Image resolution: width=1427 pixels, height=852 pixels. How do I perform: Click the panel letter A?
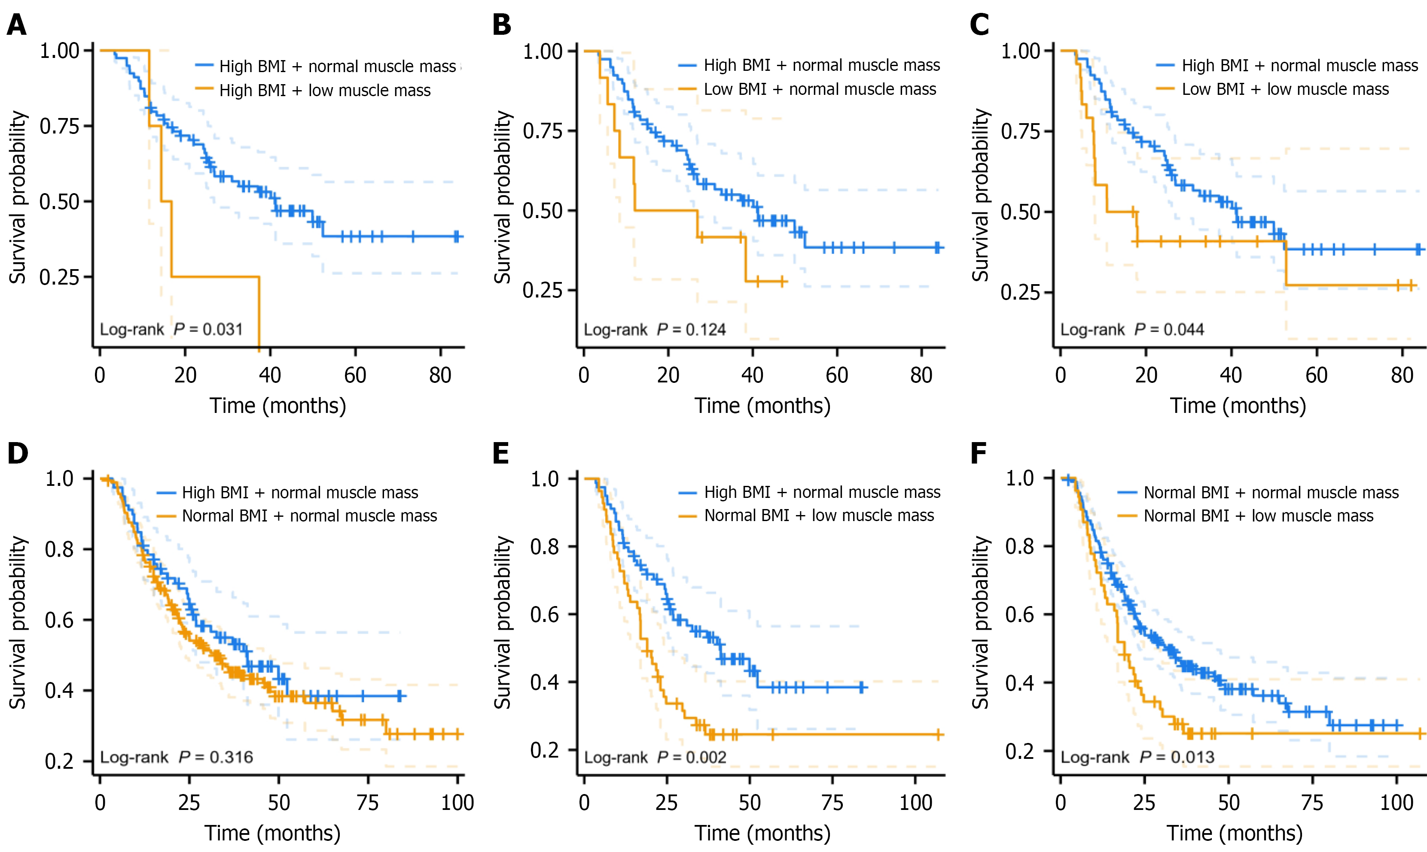coord(17,25)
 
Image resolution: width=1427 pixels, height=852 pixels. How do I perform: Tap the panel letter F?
coord(979,454)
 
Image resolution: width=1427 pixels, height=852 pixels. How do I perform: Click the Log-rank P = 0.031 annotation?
coord(171,330)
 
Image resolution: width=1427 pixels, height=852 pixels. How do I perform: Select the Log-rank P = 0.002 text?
coord(655,757)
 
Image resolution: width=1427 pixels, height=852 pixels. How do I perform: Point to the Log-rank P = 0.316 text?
coord(177,757)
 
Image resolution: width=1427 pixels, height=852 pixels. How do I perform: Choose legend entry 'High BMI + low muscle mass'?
coord(325,91)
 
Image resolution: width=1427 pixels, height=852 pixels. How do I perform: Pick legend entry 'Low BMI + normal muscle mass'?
coord(820,90)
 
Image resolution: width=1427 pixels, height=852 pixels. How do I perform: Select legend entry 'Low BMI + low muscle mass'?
coord(1285,90)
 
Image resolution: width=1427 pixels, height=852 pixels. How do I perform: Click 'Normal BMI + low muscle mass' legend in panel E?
coord(819,515)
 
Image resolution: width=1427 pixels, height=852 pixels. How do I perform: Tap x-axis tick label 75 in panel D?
coord(367,803)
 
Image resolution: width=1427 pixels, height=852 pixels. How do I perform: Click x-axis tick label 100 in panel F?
coord(1397,803)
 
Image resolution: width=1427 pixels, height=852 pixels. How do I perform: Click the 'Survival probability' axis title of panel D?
coord(18,623)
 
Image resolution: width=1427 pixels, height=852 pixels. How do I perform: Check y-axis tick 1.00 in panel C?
coord(1020,51)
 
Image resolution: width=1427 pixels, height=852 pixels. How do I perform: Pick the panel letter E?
coord(501,454)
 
